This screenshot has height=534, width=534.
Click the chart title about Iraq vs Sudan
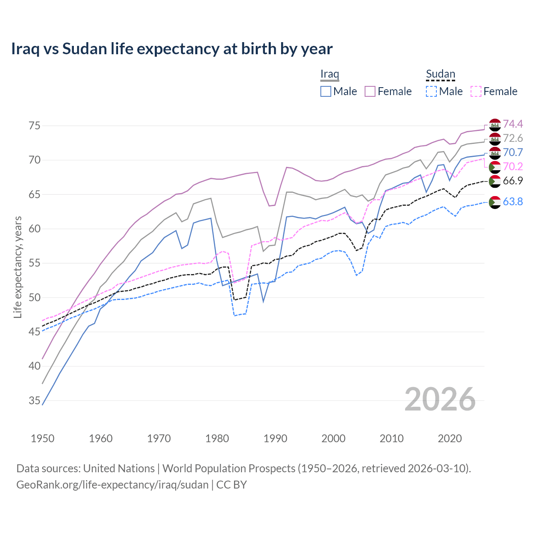click(x=171, y=49)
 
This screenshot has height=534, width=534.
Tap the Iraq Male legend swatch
click(x=326, y=91)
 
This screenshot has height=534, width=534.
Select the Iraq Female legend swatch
click(x=370, y=91)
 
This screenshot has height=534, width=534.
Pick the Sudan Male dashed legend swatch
click(x=431, y=91)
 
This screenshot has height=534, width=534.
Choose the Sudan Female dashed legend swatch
click(x=476, y=91)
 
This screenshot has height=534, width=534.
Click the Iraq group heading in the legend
click(x=330, y=74)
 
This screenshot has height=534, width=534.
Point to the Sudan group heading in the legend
click(x=440, y=74)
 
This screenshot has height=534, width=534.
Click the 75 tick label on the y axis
click(x=35, y=126)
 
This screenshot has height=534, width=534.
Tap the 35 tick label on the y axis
click(x=35, y=401)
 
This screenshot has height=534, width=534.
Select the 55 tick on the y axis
click(x=35, y=263)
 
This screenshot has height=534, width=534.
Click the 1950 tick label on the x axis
click(x=43, y=438)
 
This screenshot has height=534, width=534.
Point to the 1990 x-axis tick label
click(x=275, y=438)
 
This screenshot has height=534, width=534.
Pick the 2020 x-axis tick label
click(x=450, y=438)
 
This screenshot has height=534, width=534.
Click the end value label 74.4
click(x=513, y=124)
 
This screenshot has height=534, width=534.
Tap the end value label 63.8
click(x=513, y=202)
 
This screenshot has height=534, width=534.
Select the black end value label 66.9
click(x=513, y=181)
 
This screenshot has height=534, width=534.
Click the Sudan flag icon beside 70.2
click(x=495, y=167)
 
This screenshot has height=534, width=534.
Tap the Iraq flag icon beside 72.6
click(x=495, y=139)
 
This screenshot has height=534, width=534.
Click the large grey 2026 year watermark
click(x=440, y=399)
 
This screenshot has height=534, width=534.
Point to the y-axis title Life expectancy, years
click(x=18, y=267)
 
